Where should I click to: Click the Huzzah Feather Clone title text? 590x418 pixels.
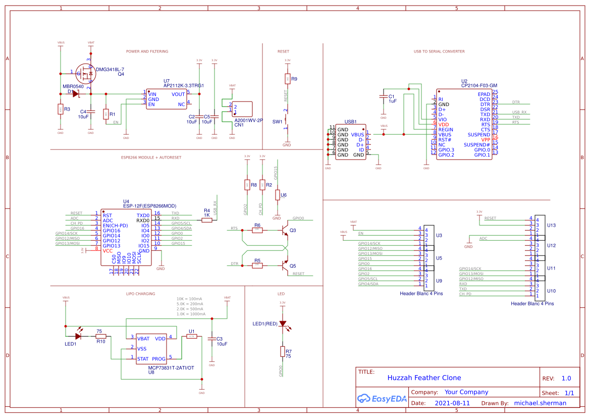424,378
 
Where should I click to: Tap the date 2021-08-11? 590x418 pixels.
452,403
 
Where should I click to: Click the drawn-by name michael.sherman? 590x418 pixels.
540,403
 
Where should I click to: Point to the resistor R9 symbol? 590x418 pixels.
287,79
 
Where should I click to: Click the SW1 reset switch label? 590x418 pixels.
277,122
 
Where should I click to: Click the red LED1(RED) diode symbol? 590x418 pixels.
283,324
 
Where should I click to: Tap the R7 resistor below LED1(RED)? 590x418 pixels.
283,352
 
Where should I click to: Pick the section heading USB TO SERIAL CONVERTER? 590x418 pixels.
439,51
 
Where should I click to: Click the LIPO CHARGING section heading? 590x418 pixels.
140,293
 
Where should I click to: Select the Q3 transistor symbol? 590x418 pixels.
285,230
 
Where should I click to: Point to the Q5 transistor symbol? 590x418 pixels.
285,265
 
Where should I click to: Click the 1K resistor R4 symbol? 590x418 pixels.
207,220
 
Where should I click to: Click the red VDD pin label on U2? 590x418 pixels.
444,124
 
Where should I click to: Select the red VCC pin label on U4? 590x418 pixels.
108,250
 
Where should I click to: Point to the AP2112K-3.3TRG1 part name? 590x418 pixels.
183,86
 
